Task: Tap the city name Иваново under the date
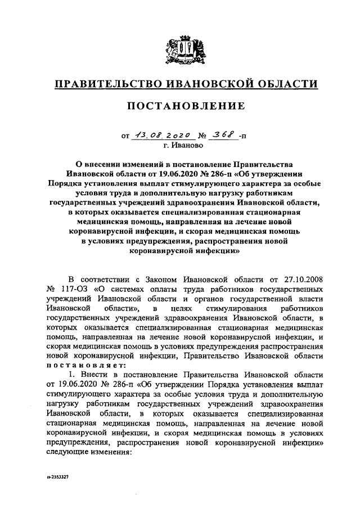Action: click(184, 145)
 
